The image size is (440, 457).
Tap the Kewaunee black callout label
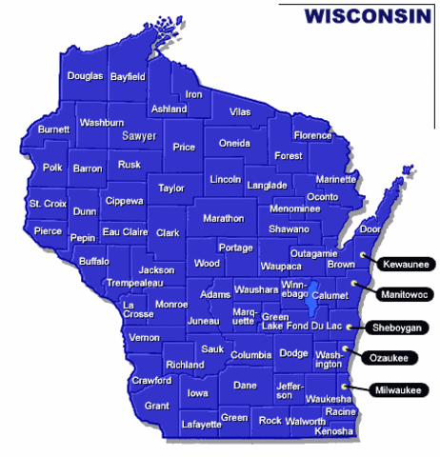403,263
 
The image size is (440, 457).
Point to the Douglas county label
85,75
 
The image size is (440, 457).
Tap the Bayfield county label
129,75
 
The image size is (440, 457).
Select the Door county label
370,228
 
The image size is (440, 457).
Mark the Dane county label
245,385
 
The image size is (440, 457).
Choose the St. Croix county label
48,203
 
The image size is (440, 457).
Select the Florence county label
311,135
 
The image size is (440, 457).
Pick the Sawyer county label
138,136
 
